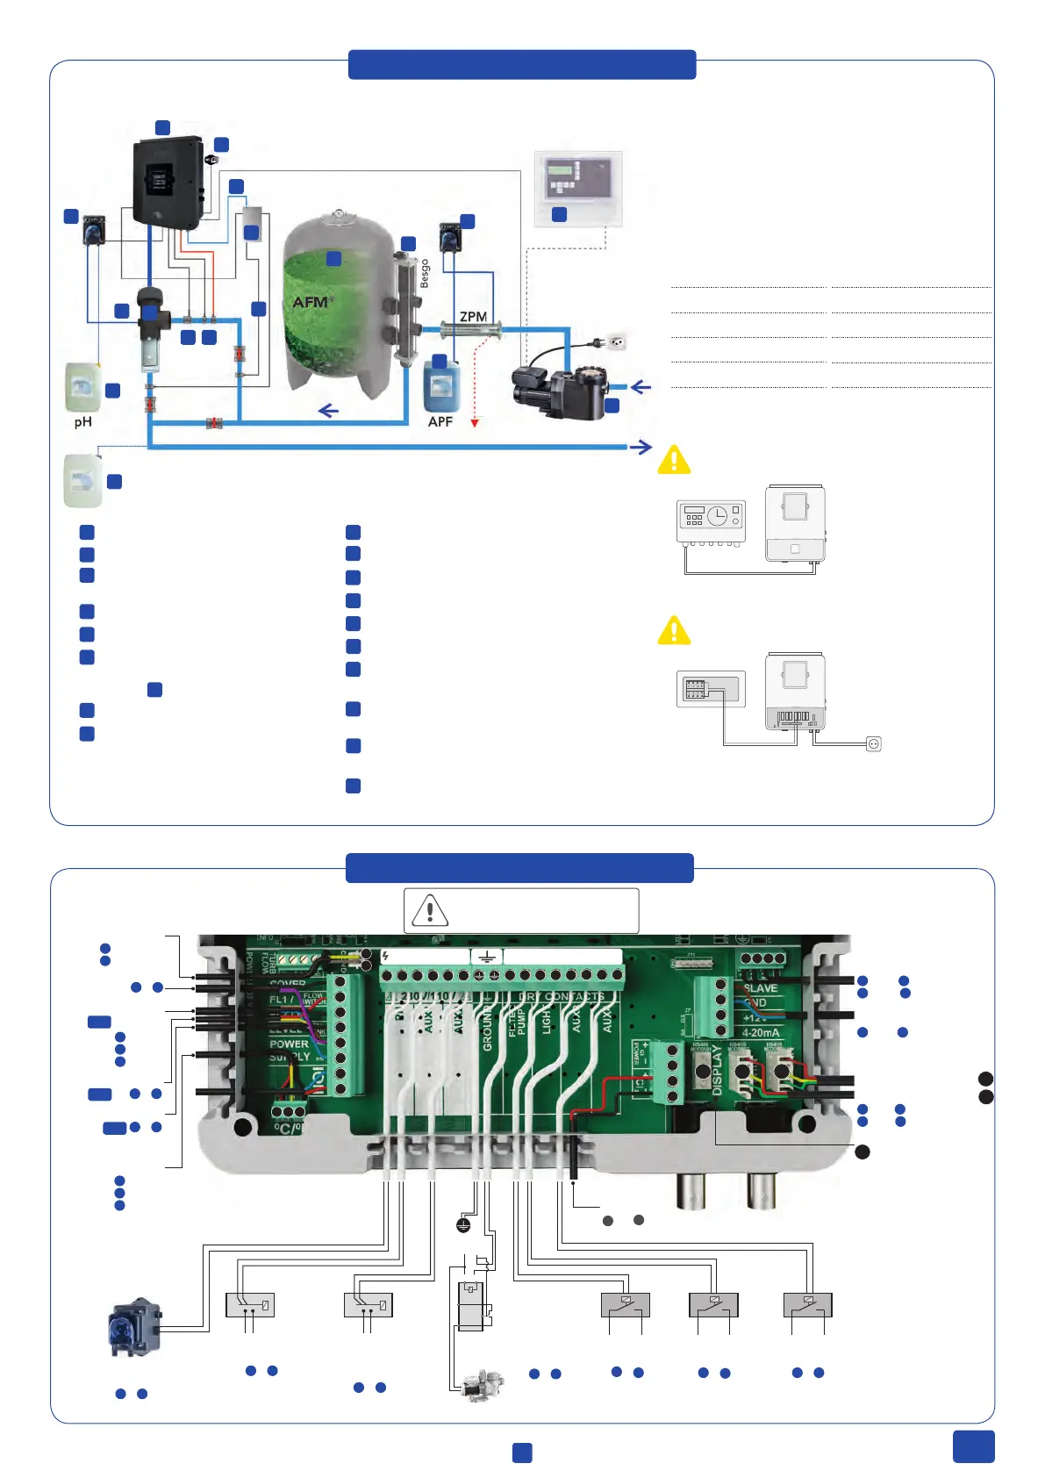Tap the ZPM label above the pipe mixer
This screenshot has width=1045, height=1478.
point(473,316)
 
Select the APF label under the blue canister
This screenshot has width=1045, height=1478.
point(440,421)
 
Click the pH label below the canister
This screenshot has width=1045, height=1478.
point(82,422)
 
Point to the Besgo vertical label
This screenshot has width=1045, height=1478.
point(426,273)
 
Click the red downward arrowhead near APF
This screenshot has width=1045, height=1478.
point(475,423)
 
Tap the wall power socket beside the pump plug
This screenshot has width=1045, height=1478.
point(617,341)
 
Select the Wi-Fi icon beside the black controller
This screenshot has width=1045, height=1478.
point(211,161)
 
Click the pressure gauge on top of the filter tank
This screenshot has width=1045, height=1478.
point(338,213)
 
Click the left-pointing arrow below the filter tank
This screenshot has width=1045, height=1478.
point(328,411)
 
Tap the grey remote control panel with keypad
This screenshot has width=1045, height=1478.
point(578,188)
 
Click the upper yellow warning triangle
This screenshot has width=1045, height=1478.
point(674,459)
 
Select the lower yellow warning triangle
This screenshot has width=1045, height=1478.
point(674,630)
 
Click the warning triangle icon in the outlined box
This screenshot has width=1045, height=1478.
point(430,910)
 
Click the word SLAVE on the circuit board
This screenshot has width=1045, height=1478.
point(761,988)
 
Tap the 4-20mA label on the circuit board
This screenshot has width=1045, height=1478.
point(761,1032)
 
